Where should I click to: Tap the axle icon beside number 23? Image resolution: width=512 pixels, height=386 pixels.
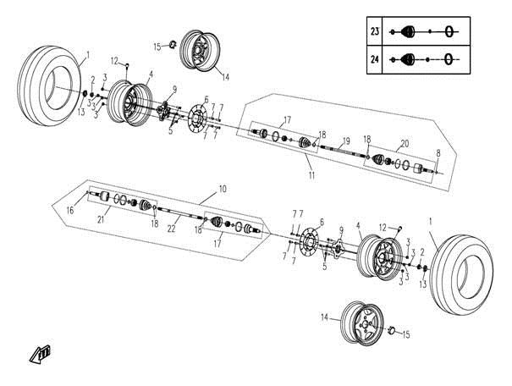click(x=426, y=31)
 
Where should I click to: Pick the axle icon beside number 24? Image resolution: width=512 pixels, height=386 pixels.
click(x=426, y=58)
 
